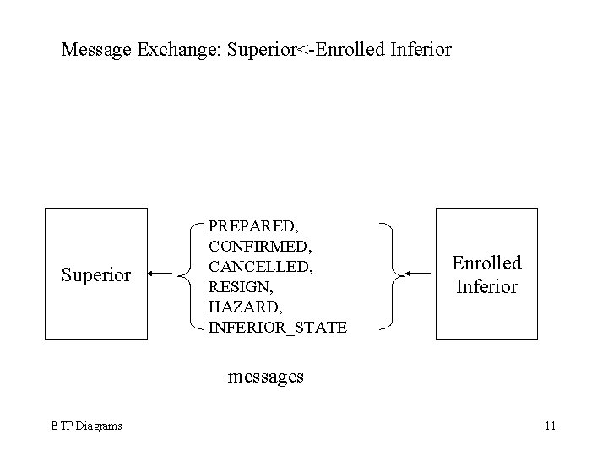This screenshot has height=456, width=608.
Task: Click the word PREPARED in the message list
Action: click(x=251, y=226)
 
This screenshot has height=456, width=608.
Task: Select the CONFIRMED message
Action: click(x=258, y=247)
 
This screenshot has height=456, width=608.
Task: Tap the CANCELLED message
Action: click(x=260, y=267)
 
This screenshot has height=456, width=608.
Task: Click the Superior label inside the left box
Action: click(x=96, y=274)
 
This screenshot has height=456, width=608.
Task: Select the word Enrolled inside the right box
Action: click(x=486, y=263)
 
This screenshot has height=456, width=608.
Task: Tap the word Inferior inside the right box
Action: click(x=486, y=286)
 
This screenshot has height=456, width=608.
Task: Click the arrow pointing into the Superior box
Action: click(x=161, y=274)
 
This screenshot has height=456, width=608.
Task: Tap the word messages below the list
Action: click(x=266, y=377)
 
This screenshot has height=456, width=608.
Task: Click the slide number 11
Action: click(x=550, y=426)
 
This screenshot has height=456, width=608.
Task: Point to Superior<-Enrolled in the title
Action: click(x=302, y=50)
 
